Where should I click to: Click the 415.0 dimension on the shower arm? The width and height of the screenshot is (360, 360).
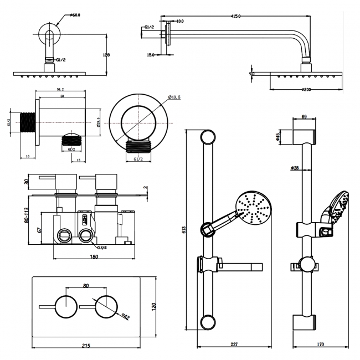(x=236, y=16)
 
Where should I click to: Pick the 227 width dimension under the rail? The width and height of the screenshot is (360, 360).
(x=234, y=344)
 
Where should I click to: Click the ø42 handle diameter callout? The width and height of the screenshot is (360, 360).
(x=126, y=317)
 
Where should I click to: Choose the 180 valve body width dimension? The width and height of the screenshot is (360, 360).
(x=94, y=256)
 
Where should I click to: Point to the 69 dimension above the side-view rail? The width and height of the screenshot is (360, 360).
(x=304, y=117)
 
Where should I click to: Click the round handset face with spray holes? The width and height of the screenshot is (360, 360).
(x=254, y=209)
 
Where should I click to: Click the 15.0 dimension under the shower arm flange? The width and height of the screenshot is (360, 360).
(x=151, y=55)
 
